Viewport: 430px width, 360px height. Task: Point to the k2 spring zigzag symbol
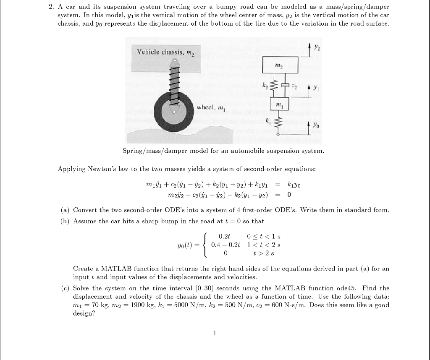tap(272, 86)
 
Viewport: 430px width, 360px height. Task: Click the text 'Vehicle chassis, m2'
tap(163, 52)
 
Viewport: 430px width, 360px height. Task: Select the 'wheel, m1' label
tap(212, 107)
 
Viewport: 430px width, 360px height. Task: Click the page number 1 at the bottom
tap(215, 334)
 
